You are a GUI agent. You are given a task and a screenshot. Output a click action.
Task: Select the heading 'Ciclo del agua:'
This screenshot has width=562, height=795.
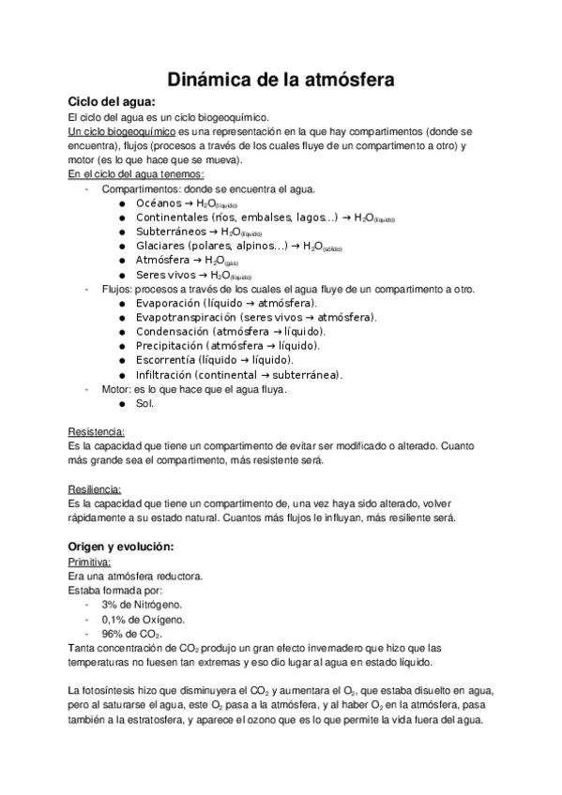[112, 101]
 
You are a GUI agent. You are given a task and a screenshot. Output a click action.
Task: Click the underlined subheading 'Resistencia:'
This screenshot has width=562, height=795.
[97, 432]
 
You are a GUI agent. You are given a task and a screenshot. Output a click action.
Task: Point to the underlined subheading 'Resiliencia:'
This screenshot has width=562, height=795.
[95, 489]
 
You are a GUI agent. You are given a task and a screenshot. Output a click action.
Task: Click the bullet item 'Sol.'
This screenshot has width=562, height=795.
[144, 403]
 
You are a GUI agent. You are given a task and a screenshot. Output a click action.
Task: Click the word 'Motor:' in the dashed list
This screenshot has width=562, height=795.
[116, 389]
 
